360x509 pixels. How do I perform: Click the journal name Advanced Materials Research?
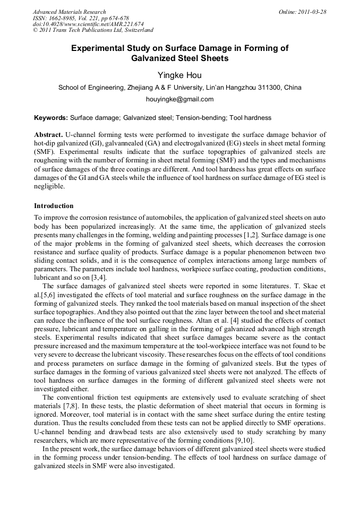[70, 12]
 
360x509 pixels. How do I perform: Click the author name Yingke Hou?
[179, 75]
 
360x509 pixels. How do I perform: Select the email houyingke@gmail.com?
[179, 99]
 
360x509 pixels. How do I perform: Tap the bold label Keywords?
[51, 117]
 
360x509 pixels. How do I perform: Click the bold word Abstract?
[49, 135]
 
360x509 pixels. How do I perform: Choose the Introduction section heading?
[54, 205]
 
